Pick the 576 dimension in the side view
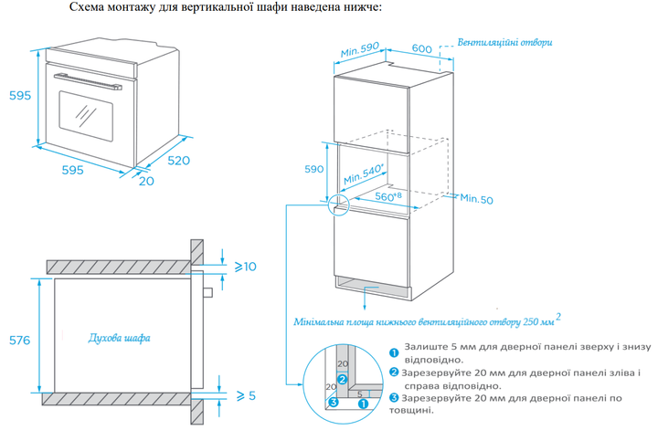click(18, 341)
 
